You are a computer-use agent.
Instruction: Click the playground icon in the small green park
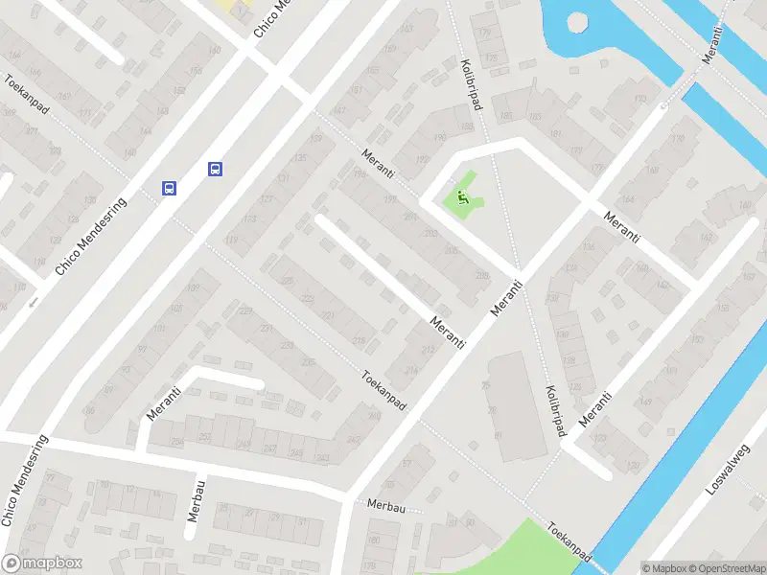pos(462,199)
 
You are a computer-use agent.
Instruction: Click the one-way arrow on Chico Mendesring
pos(35,303)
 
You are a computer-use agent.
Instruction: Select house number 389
pos(9,112)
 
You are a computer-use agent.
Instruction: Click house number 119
pos(231,241)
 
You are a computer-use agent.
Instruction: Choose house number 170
pos(678,139)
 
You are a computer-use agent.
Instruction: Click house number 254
pos(176,441)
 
